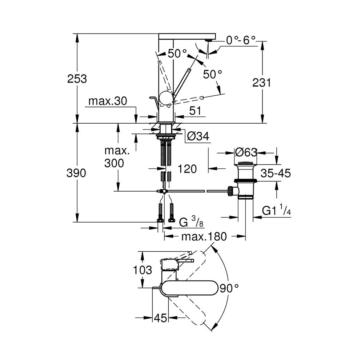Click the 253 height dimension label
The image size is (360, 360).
pyautogui.click(x=77, y=79)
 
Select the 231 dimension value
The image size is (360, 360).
pyautogui.click(x=262, y=83)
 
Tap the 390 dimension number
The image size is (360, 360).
pyautogui.click(x=77, y=173)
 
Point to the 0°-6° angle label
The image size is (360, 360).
pyautogui.click(x=241, y=40)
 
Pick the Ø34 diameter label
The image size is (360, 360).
pyautogui.click(x=198, y=136)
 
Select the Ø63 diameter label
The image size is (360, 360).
pyautogui.click(x=246, y=152)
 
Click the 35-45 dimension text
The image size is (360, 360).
pyautogui.click(x=276, y=173)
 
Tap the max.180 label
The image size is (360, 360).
pyautogui.click(x=204, y=237)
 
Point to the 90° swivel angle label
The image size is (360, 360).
pyautogui.click(x=229, y=288)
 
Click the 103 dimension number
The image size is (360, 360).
pyautogui.click(x=143, y=270)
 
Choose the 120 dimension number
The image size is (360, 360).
pyautogui.click(x=188, y=169)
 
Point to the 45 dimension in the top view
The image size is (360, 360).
pyautogui.click(x=160, y=318)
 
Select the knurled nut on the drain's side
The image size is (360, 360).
pyautogui.click(x=230, y=191)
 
